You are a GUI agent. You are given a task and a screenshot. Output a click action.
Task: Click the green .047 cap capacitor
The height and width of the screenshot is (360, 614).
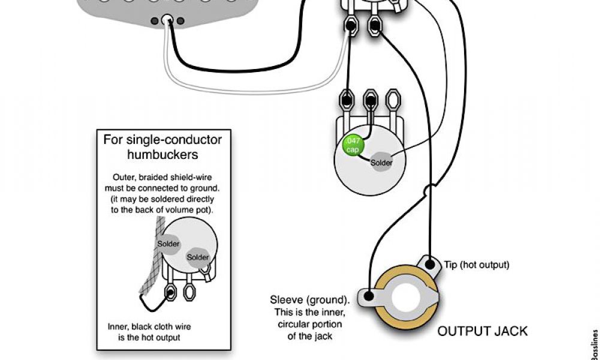tap(352, 145)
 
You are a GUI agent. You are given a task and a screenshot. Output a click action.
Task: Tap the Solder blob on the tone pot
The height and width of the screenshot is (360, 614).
tap(381, 163)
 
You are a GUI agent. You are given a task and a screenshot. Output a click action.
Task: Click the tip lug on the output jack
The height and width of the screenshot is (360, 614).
tap(430, 263)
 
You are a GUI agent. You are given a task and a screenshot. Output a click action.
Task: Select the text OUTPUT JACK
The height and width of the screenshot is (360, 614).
tap(482, 331)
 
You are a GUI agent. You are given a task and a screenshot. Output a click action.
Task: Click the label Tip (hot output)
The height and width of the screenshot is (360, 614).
tap(476, 265)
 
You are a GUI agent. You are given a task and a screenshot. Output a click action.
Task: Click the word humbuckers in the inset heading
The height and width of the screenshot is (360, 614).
tap(162, 155)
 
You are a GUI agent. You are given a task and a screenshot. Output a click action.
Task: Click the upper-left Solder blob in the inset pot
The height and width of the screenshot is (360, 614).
tap(168, 244)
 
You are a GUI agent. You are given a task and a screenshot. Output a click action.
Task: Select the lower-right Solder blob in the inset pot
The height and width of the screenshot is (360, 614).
tap(197, 257)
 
